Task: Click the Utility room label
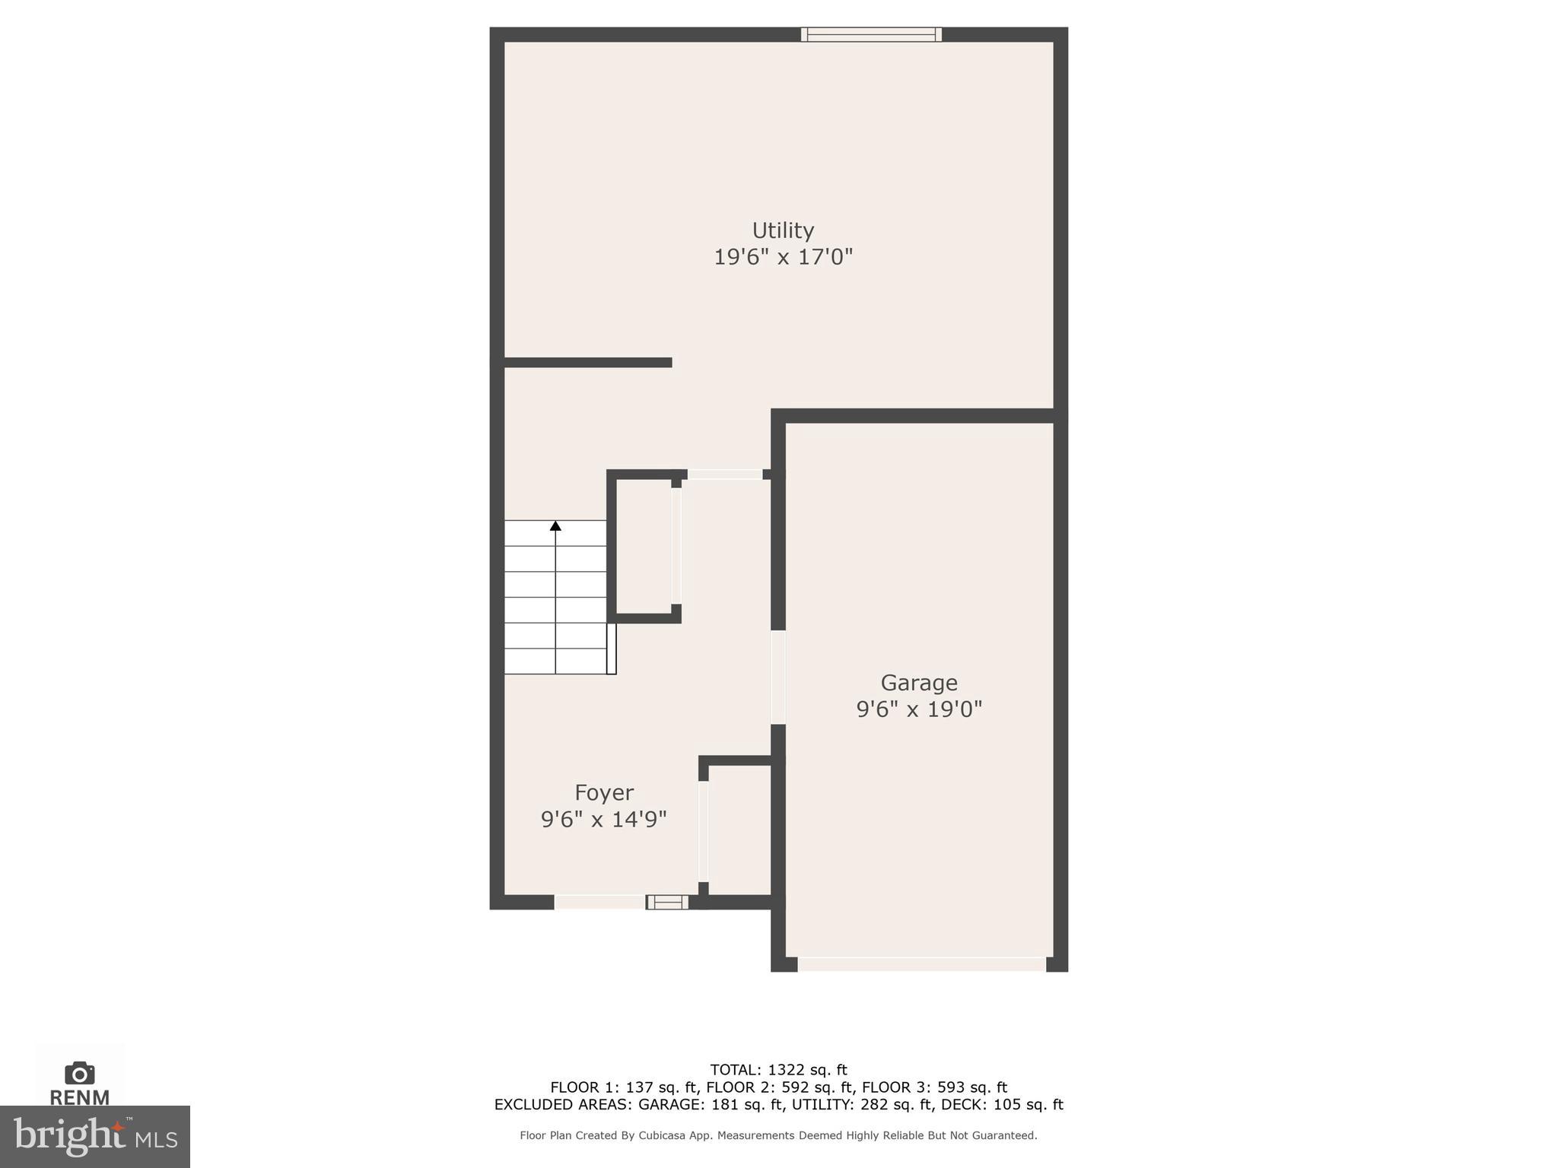(x=783, y=230)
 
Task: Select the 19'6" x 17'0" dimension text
(x=783, y=257)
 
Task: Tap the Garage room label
(x=919, y=683)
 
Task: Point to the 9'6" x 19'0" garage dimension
(x=919, y=709)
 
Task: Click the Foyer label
(x=604, y=793)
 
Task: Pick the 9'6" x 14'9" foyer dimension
(x=604, y=820)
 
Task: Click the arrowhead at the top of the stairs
(x=555, y=525)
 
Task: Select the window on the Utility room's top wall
(x=871, y=34)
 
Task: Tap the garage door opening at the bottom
(x=921, y=964)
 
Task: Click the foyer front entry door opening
(x=599, y=903)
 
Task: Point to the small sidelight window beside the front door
(x=667, y=903)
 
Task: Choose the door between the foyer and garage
(x=778, y=677)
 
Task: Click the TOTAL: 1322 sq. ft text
(x=778, y=1070)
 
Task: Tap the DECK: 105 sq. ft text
(x=1008, y=1105)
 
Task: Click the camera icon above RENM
(x=80, y=1073)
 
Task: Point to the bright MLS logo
(x=95, y=1137)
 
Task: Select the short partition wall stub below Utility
(x=588, y=363)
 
